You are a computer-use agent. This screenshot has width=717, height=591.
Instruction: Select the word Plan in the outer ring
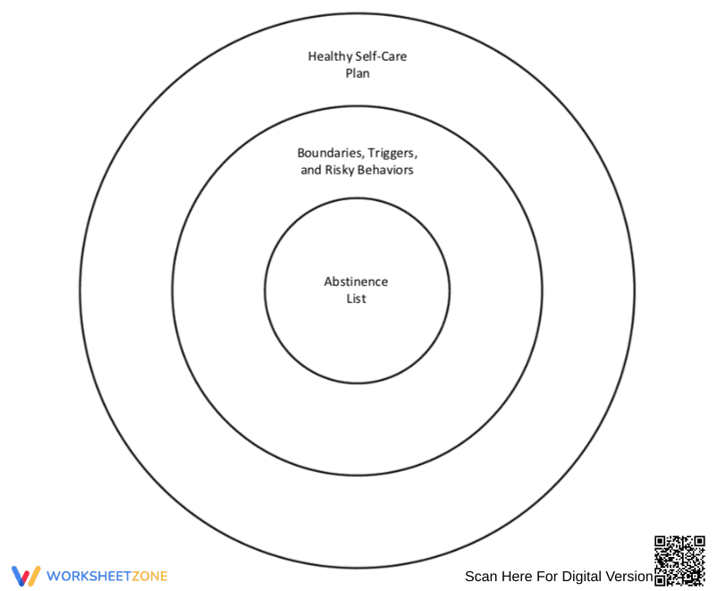click(358, 73)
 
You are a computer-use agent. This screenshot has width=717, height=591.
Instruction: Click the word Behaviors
click(385, 170)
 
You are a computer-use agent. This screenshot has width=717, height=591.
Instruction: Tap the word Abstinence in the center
click(356, 282)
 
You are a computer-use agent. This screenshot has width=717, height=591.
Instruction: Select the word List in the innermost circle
click(356, 299)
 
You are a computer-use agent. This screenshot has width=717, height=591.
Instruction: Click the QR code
click(679, 561)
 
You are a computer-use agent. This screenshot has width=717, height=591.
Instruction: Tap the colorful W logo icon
click(26, 576)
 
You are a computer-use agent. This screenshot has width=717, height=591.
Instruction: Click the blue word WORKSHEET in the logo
click(89, 576)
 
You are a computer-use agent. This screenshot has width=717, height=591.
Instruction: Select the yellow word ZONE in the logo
click(150, 576)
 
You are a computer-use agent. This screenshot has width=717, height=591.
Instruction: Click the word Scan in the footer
click(481, 577)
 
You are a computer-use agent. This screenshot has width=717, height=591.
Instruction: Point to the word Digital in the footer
click(579, 577)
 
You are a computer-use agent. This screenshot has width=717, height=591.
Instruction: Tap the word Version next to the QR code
click(627, 577)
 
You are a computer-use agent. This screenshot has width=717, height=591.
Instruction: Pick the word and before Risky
click(311, 170)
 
